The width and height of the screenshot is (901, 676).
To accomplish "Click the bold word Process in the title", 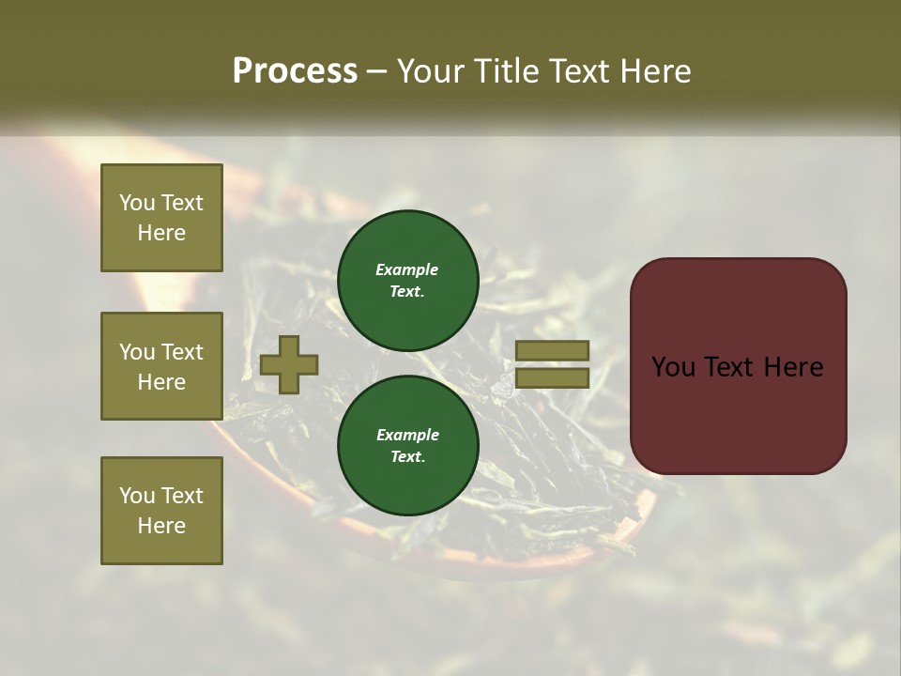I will pyautogui.click(x=295, y=71).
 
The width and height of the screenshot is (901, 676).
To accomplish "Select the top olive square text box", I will pyautogui.click(x=161, y=218).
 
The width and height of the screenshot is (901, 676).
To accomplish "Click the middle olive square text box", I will pyautogui.click(x=161, y=366).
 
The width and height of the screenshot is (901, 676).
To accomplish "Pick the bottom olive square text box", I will pyautogui.click(x=161, y=511).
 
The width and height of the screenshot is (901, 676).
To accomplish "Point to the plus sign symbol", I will pyautogui.click(x=289, y=365).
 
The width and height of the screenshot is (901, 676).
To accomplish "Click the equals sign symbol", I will pyautogui.click(x=553, y=364).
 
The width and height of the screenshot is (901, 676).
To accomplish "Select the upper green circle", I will pyautogui.click(x=408, y=280).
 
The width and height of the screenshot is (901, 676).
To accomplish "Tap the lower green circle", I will pyautogui.click(x=408, y=445).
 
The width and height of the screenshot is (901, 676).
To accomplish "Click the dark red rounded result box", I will pyautogui.click(x=738, y=366).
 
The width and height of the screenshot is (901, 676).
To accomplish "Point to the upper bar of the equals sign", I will pyautogui.click(x=553, y=351).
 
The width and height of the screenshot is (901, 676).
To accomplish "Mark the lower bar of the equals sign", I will pyautogui.click(x=553, y=377).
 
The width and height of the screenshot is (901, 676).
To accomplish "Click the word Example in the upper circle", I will pyautogui.click(x=407, y=269).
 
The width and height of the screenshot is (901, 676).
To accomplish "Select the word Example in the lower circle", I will pyautogui.click(x=407, y=435).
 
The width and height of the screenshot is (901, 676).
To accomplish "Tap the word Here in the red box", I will pyautogui.click(x=792, y=367).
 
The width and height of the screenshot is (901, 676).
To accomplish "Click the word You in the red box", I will pyautogui.click(x=672, y=367).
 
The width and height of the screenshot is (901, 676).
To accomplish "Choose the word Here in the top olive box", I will pyautogui.click(x=161, y=233).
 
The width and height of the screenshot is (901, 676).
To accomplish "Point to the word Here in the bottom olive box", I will pyautogui.click(x=161, y=526).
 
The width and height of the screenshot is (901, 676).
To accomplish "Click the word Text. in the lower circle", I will pyautogui.click(x=407, y=457).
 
